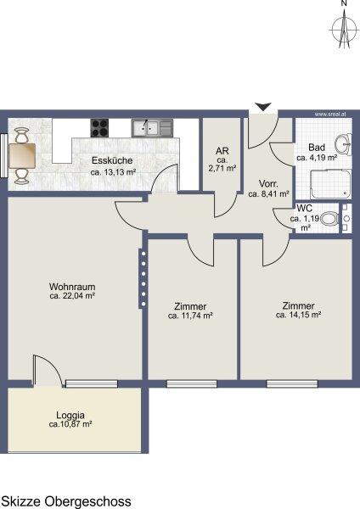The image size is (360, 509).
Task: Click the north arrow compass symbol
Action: (344, 29)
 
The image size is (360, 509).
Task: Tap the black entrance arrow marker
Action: (263, 107)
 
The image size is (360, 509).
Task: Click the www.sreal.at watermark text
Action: (330, 115)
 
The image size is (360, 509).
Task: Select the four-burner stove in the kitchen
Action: (99, 128)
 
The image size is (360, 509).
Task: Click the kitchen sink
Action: (152, 128)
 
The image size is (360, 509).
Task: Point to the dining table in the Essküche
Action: (22, 156)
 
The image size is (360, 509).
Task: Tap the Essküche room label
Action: (112, 160)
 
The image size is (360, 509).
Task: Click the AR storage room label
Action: (222, 151)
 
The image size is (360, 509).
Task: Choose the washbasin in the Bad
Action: (343, 144)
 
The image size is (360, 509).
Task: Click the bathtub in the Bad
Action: (331, 184)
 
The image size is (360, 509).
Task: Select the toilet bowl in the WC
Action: (329, 219)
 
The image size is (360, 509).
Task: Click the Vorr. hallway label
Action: (268, 184)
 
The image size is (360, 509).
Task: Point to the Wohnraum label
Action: (72, 287)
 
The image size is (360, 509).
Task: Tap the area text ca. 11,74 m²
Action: (190, 316)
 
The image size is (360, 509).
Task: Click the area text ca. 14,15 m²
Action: (299, 315)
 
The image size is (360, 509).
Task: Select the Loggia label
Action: (70, 415)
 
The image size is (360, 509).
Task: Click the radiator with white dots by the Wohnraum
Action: (143, 278)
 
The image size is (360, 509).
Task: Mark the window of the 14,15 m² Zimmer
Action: (292, 384)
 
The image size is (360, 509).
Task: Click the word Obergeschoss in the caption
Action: (87, 501)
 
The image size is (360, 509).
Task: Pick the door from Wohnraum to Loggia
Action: (48, 371)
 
